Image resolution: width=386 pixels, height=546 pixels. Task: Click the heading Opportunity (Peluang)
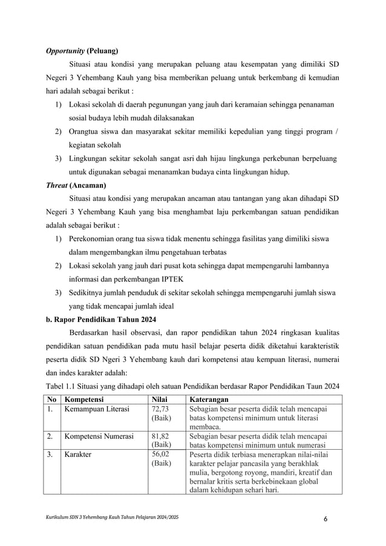point(82,50)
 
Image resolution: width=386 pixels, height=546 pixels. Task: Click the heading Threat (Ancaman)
point(76,185)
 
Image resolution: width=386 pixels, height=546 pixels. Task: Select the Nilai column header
point(159,400)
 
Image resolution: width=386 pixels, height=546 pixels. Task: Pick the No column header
point(52,400)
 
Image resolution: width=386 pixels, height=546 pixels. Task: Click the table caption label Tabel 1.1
point(63,387)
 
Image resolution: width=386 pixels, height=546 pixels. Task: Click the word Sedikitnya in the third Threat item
point(90,293)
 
